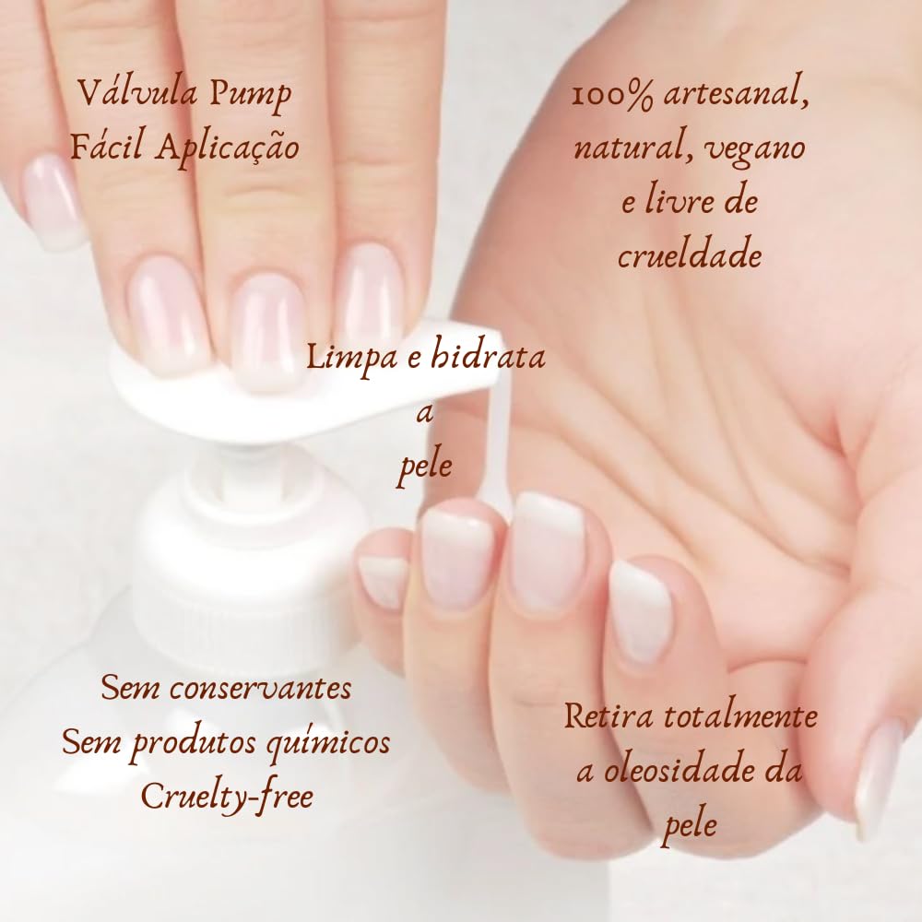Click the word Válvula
click(126, 93)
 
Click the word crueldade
click(690, 255)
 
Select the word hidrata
click(489, 357)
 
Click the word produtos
click(204, 743)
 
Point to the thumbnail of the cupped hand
click(878, 774)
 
